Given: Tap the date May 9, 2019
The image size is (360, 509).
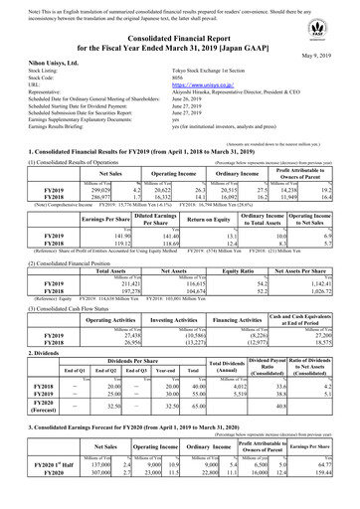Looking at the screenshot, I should click(334, 56).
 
